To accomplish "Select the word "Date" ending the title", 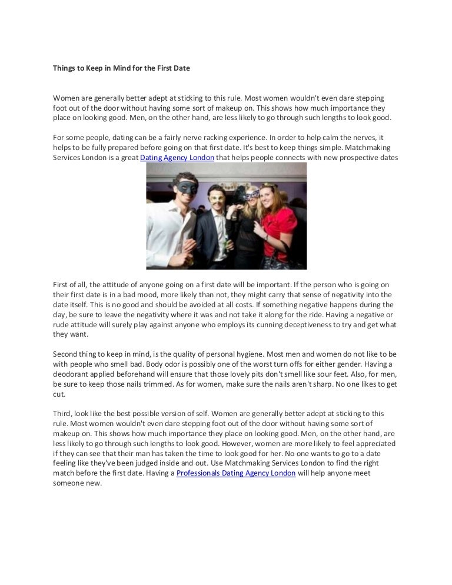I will click(181, 68).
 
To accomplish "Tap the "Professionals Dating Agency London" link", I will click(236, 473).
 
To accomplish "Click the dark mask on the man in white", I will click(181, 187).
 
